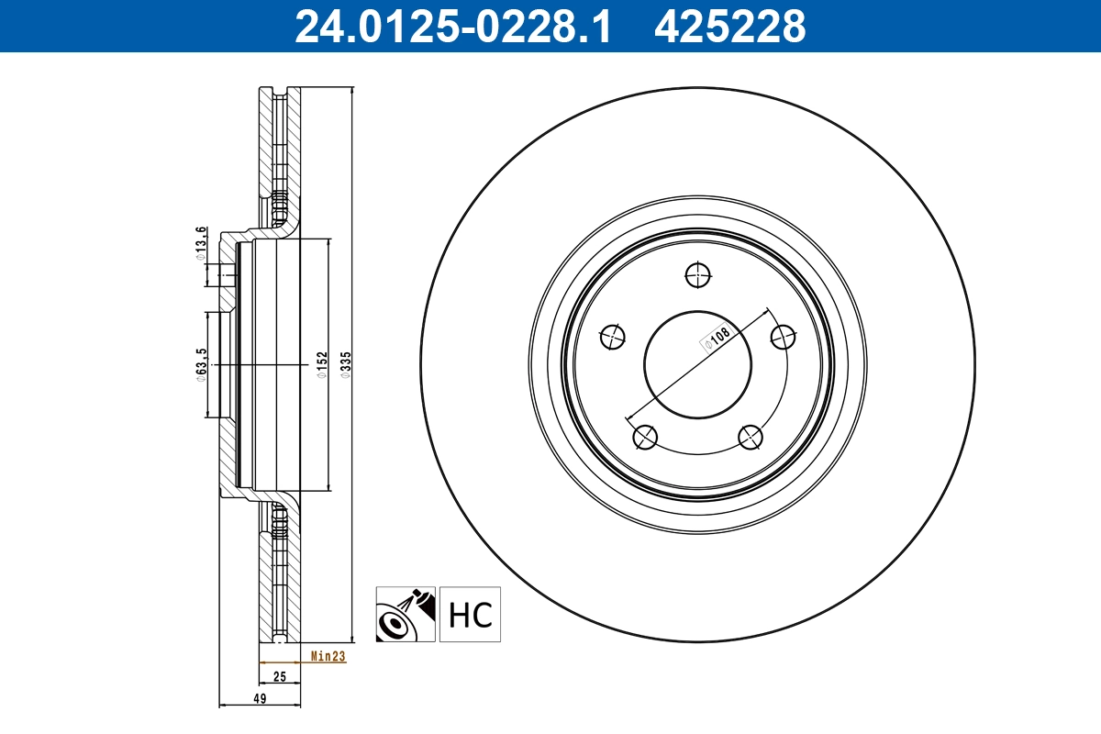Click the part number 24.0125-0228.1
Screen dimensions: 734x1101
451,26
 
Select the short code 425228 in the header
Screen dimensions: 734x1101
729,26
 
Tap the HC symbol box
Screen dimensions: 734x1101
471,614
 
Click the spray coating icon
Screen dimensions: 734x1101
405,614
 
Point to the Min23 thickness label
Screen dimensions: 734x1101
327,656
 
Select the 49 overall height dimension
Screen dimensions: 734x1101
260,699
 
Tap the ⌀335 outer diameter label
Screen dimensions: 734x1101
345,365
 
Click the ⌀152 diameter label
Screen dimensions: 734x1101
321,365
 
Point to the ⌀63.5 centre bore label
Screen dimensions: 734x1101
200,365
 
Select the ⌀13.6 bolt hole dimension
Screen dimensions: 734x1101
200,243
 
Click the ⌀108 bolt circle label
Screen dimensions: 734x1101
715,339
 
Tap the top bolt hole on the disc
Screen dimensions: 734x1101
697,273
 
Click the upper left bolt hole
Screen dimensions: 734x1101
612,338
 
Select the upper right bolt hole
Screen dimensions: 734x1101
783,337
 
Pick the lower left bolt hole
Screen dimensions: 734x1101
645,438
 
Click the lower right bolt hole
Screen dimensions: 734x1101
751,438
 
